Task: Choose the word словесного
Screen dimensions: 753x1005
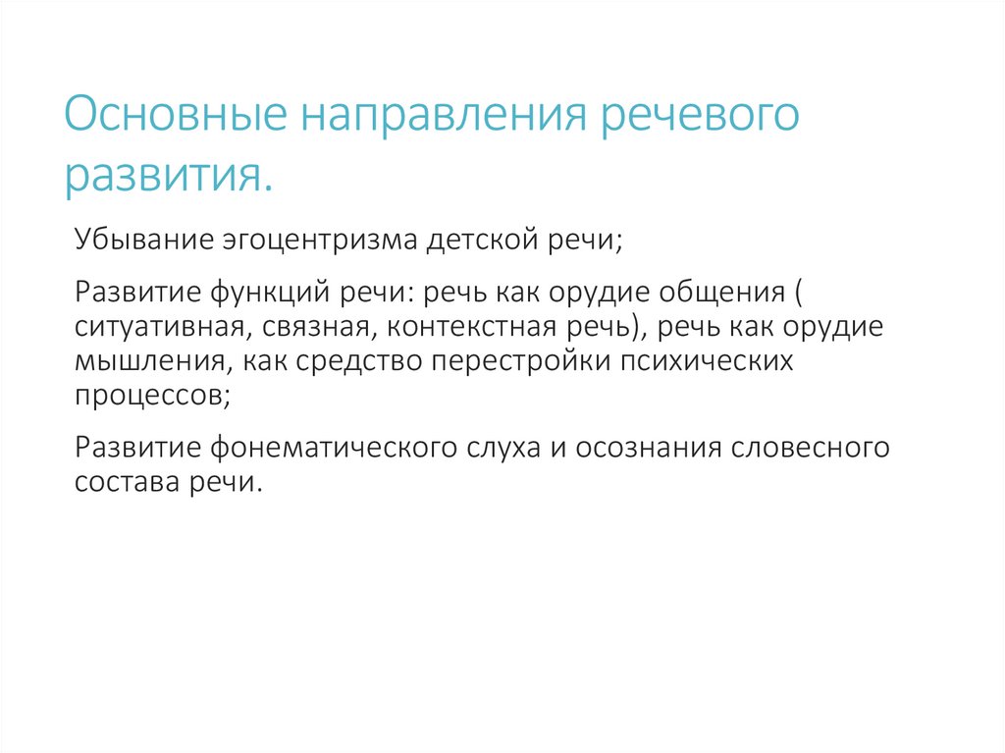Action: (811, 448)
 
